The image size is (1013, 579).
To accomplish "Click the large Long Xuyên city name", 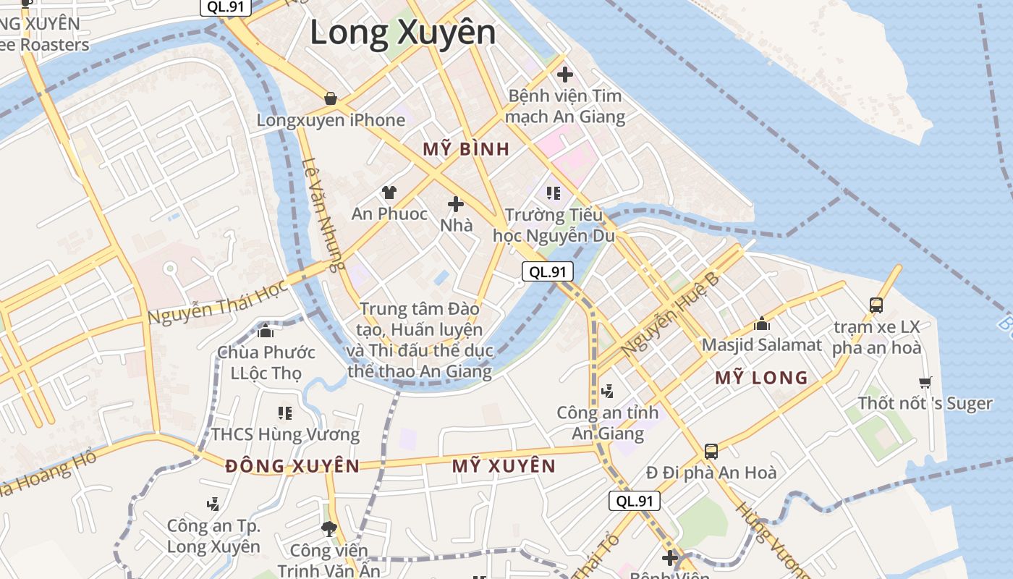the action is coord(403,33).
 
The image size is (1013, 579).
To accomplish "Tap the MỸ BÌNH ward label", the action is coord(466,150).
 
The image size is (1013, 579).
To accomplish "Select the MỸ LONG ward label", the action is coord(761,378).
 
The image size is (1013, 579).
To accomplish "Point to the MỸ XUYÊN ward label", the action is coord(504,466).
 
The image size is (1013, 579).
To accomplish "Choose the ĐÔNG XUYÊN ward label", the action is coord(292,466).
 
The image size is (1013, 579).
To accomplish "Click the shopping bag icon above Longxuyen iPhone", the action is coord(331,98).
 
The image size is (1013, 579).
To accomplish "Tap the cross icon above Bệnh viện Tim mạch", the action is coord(565,74).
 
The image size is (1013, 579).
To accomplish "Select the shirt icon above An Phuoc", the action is coord(389,192).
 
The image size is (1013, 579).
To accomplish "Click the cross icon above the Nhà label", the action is coord(456,203).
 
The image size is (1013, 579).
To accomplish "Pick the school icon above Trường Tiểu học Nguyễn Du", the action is coord(554,193).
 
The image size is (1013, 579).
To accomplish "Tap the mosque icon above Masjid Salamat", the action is coord(761,324).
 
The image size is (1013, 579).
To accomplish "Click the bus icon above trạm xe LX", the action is coord(876,305).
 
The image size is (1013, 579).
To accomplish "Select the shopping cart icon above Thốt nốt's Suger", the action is coord(925,381).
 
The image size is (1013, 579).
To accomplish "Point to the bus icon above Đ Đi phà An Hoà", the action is coord(711,452).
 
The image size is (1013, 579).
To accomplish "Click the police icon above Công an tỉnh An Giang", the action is coord(608,391).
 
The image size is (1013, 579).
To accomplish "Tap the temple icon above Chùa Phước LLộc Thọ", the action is coord(266,331).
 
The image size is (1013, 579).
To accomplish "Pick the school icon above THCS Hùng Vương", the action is coord(285,413).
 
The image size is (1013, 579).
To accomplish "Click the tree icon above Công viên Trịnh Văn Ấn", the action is coord(329,529).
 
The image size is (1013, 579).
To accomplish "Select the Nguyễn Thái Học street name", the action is coord(218,302).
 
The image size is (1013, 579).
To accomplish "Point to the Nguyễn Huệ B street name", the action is coord(670,313).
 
